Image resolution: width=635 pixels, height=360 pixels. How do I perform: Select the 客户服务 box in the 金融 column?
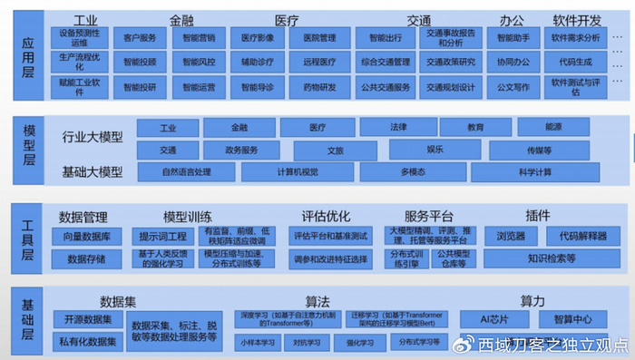point(139,39)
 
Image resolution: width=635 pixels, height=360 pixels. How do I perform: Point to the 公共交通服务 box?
point(384,88)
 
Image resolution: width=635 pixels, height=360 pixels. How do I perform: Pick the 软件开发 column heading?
point(577,19)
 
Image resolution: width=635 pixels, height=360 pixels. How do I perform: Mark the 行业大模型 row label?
point(93,139)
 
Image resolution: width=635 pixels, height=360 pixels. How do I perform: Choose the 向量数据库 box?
point(86,237)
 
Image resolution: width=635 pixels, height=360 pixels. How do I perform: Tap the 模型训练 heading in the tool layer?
point(188,217)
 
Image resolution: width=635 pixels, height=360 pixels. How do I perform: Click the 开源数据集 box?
point(88,319)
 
